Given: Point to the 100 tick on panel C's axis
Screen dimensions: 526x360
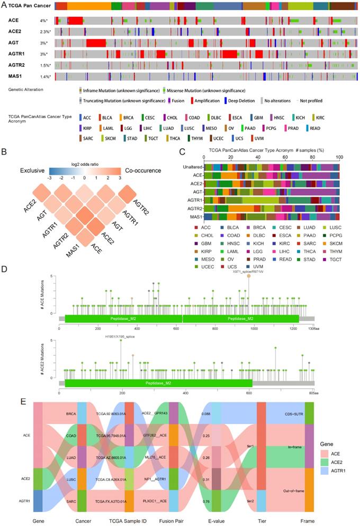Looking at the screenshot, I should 339,157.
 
